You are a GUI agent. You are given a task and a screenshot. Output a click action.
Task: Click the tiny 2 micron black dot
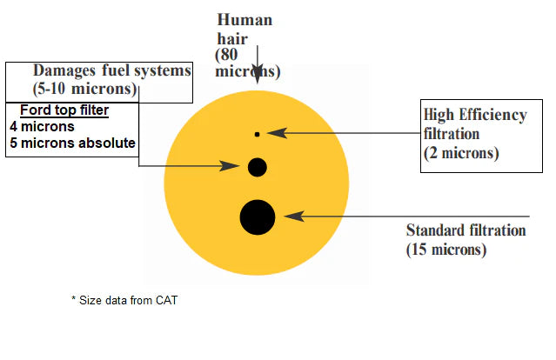[257, 134]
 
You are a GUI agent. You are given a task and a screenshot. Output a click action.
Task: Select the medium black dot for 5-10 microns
[257, 167]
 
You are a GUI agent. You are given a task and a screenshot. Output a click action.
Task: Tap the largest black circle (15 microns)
[258, 217]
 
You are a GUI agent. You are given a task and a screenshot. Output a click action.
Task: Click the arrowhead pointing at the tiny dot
[277, 133]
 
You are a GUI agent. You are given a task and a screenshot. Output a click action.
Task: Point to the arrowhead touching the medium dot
[230, 165]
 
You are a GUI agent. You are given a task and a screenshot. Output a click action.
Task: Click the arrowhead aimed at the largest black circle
[294, 216]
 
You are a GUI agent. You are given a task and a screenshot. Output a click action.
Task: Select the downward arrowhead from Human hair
[258, 74]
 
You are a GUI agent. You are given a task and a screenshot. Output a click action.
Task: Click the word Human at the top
[245, 20]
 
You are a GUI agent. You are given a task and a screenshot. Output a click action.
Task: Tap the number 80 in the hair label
[229, 54]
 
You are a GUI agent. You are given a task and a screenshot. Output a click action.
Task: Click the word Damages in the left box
[64, 70]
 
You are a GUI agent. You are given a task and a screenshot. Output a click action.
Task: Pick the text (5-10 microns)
[84, 89]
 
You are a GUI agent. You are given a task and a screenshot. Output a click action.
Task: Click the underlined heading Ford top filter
[64, 110]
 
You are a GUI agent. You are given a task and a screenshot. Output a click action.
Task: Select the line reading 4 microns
[42, 126]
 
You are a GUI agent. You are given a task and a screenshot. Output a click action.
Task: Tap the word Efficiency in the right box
[492, 115]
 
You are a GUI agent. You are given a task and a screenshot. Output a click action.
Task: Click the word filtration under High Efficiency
[452, 134]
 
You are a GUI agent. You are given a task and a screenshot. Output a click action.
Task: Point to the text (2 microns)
[461, 153]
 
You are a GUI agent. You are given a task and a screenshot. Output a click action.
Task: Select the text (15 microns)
[446, 250]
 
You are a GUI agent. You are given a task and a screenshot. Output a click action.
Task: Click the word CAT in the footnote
[166, 301]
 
